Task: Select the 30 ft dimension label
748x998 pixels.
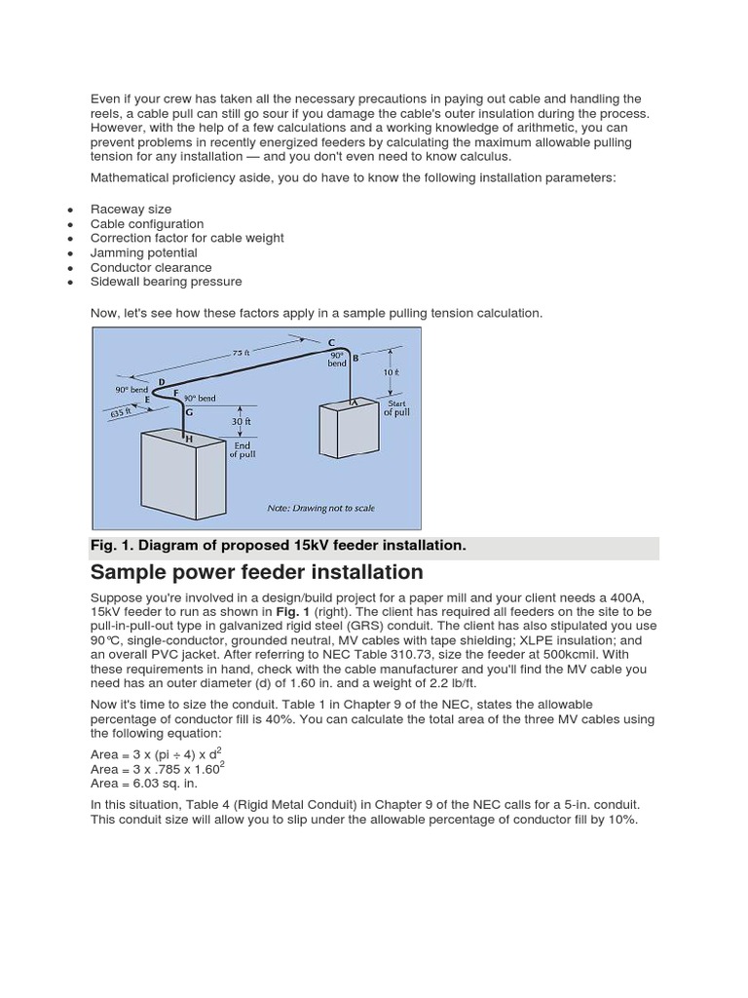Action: [x=240, y=421]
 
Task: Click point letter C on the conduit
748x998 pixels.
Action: [x=331, y=342]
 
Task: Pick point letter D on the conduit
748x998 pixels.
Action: [x=161, y=381]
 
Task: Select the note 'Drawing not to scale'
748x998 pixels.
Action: [x=320, y=508]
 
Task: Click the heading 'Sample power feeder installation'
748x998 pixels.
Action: [x=257, y=572]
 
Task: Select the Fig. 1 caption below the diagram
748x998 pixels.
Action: [x=279, y=546]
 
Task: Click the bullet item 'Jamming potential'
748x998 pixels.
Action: [x=143, y=252]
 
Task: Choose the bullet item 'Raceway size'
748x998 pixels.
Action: [x=131, y=209]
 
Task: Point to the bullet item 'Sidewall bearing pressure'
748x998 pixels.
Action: [x=166, y=282]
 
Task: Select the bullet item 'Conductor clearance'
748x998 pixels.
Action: [x=151, y=267]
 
